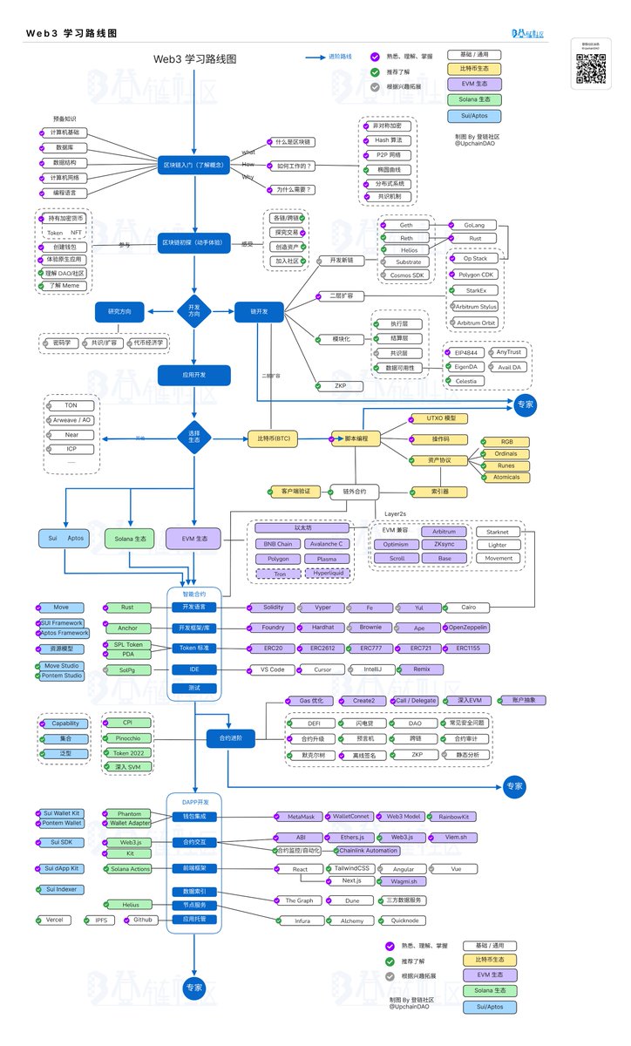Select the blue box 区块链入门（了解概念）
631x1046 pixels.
pyautogui.click(x=193, y=164)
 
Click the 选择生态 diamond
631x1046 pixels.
pyautogui.click(x=193, y=437)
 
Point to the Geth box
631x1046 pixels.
pyautogui.click(x=406, y=225)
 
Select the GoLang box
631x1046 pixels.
pyautogui.click(x=473, y=225)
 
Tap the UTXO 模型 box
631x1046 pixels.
pyautogui.click(x=438, y=418)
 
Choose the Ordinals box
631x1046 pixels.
pyautogui.click(x=505, y=453)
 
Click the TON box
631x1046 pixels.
pyautogui.click(x=71, y=405)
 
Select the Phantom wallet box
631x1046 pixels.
pyautogui.click(x=128, y=813)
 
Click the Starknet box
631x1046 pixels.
pyautogui.click(x=499, y=531)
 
